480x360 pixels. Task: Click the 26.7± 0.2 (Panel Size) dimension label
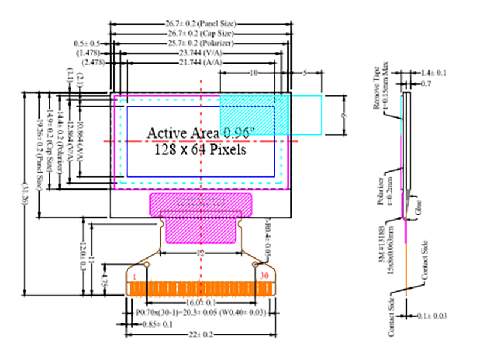pyautogui.click(x=201, y=23)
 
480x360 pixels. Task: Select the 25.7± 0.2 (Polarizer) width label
pyautogui.click(x=200, y=44)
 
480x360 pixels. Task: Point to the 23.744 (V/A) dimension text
pyautogui.click(x=201, y=53)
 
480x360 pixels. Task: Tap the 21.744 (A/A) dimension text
pyautogui.click(x=201, y=63)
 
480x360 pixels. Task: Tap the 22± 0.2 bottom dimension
pyautogui.click(x=202, y=334)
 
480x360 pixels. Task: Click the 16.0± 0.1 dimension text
pyautogui.click(x=201, y=302)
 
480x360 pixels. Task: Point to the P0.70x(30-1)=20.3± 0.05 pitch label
pyautogui.click(x=201, y=312)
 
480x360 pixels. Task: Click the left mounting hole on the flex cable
pyautogui.click(x=145, y=264)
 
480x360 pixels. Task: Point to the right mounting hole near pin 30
pyautogui.click(x=256, y=264)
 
